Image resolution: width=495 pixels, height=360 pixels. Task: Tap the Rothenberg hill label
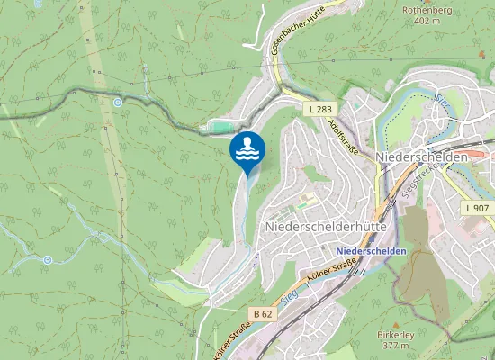pyautogui.click(x=428, y=11)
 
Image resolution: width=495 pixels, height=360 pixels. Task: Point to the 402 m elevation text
pyautogui.click(x=428, y=22)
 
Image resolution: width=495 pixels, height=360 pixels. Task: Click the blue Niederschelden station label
pyautogui.click(x=371, y=250)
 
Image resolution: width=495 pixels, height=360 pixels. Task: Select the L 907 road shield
pyautogui.click(x=478, y=208)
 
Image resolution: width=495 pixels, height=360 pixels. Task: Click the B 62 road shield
pyautogui.click(x=263, y=313)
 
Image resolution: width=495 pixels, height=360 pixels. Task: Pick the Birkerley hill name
pyautogui.click(x=396, y=335)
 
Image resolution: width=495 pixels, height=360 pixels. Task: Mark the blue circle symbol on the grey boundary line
pyautogui.click(x=118, y=103)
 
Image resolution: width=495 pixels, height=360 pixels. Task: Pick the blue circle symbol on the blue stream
pyautogui.click(x=47, y=260)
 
